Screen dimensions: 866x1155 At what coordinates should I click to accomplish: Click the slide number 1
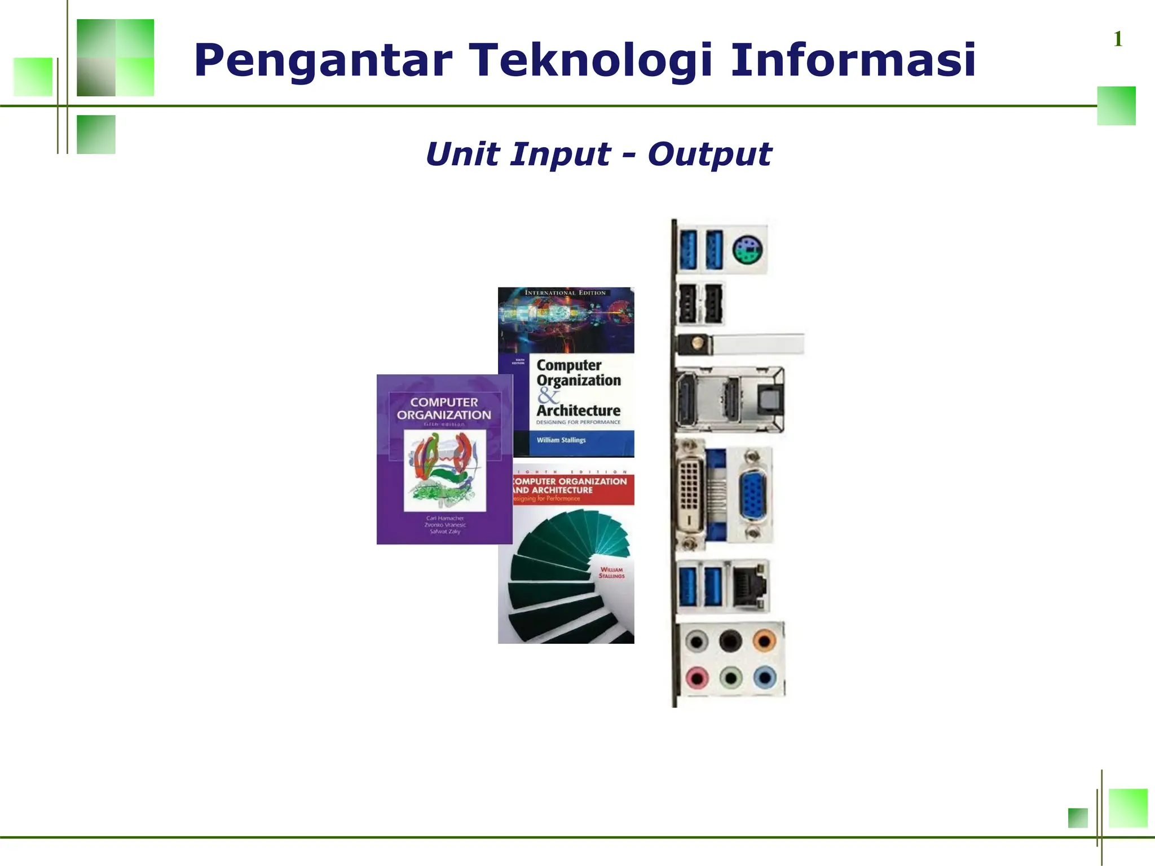point(1118,39)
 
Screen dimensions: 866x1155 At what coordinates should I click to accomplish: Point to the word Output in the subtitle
point(709,154)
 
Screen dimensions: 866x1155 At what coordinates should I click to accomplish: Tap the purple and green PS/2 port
point(747,250)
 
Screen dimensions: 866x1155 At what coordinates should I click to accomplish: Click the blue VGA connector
point(752,495)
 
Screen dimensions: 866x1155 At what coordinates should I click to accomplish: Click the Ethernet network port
point(750,586)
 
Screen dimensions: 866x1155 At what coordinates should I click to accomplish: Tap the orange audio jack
point(764,641)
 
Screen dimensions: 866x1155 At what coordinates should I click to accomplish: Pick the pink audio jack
point(697,678)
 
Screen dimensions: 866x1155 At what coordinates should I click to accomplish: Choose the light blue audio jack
point(765,677)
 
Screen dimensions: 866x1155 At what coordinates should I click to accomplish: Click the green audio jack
point(731,678)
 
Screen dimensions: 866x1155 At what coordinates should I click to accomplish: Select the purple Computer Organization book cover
point(444,459)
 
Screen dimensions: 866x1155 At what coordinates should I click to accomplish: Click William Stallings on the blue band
point(561,440)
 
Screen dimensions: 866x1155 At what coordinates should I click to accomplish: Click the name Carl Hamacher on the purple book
point(445,518)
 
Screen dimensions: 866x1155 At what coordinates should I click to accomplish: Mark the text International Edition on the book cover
point(565,293)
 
